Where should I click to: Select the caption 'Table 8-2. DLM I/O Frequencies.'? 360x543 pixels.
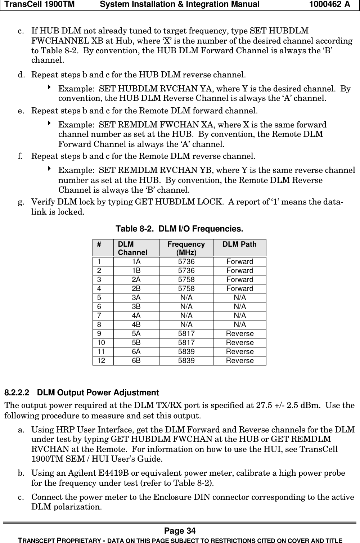point(179,229)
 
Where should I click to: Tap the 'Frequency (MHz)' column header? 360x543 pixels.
point(186,248)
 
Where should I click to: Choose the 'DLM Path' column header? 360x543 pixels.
point(239,244)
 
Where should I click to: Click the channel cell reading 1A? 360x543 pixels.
point(136,261)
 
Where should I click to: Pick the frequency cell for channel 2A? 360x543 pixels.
point(186,279)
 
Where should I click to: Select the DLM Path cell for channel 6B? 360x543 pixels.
point(239,360)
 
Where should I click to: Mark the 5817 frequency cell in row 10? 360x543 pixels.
point(186,342)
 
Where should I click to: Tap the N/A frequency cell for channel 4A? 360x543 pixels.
point(186,315)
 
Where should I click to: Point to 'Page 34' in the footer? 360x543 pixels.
point(180,531)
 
